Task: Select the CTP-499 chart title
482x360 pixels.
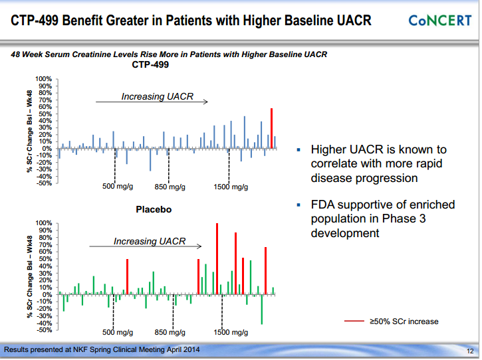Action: point(150,65)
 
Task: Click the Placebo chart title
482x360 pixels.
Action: point(154,210)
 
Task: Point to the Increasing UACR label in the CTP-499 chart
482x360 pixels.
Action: point(157,97)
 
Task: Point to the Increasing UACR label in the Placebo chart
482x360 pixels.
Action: point(150,241)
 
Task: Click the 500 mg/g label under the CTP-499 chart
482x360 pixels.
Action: point(118,187)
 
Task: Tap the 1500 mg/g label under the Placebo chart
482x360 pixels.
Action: point(231,332)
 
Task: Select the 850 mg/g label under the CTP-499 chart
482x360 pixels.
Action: point(170,187)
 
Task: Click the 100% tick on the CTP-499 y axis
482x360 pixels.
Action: point(44,79)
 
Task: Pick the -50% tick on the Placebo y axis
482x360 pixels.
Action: point(44,329)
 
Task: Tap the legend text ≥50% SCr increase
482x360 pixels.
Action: point(404,321)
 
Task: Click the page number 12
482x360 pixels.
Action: point(469,351)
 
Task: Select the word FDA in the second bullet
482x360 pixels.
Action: point(324,205)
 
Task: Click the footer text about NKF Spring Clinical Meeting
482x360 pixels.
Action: point(101,350)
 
